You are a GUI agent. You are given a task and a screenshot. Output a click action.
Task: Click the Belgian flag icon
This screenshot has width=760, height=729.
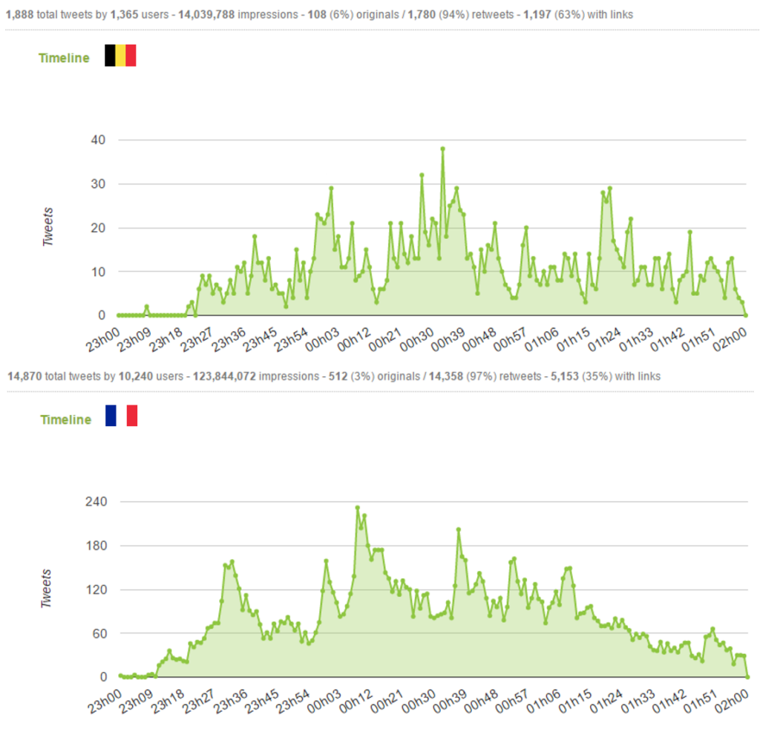120,56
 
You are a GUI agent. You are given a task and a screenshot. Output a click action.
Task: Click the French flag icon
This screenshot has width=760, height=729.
121,416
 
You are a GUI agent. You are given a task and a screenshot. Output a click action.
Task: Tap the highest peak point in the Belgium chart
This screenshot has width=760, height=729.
442,148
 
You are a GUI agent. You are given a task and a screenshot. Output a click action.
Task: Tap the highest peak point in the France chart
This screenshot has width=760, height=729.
358,508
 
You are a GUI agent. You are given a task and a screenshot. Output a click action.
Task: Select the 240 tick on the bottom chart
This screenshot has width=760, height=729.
96,502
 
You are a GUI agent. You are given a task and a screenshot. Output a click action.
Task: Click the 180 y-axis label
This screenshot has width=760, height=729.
96,546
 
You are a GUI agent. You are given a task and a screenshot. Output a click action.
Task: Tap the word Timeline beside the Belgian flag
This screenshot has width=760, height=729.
65,58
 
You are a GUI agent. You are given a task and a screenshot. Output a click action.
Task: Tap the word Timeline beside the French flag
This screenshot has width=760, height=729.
66,419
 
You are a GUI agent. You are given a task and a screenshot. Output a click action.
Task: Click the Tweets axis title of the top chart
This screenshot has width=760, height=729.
49,227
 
